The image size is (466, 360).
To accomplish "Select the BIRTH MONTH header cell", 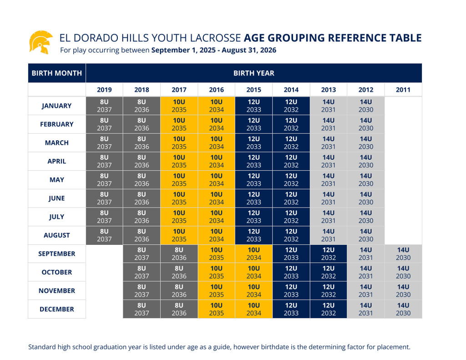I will [x=57, y=73].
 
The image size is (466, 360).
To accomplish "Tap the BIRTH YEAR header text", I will [x=253, y=73].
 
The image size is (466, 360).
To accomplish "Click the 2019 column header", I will [x=104, y=90].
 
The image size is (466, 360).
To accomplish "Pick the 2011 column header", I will [x=403, y=90].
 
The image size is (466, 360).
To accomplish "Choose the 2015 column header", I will [x=253, y=90].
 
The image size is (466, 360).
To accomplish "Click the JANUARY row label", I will [x=57, y=106].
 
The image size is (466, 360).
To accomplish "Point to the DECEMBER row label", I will [x=57, y=309].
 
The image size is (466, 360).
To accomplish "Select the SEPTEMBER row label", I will [x=57, y=254].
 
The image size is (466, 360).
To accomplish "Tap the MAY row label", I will [x=57, y=180].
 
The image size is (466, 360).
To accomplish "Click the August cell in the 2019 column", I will [x=104, y=235].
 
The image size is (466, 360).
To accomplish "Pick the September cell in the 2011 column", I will [x=403, y=254].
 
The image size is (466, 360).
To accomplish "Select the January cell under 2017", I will [x=179, y=106].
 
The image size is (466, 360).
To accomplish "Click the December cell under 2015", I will [x=253, y=309].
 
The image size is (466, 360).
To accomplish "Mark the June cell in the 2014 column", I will [x=291, y=198].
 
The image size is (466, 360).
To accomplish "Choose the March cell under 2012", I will [x=365, y=142].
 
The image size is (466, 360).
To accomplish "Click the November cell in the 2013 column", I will [x=328, y=291].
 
